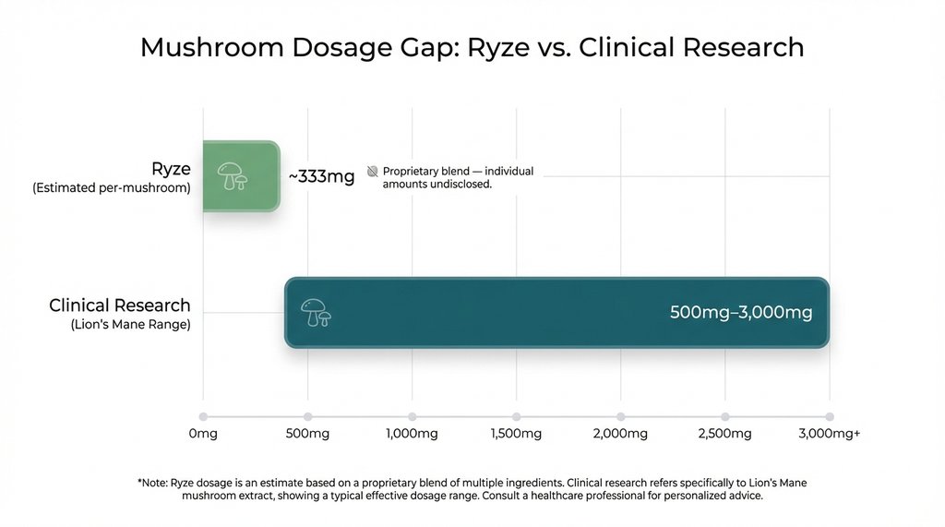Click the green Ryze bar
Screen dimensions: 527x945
(241, 176)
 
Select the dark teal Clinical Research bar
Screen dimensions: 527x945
(556, 313)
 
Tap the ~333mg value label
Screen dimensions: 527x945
(321, 176)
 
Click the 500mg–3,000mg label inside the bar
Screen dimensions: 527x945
(741, 313)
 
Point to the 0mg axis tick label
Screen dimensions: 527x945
(203, 434)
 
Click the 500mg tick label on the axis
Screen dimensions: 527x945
(307, 434)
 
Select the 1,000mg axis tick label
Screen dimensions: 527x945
(412, 434)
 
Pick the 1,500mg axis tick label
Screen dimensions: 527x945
(516, 434)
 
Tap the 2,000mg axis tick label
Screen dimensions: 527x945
(620, 434)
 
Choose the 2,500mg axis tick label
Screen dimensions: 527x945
(724, 434)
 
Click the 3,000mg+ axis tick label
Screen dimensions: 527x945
(830, 434)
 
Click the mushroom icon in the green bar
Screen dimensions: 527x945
(231, 175)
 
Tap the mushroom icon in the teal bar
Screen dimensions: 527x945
(316, 313)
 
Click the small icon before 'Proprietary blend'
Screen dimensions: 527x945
(373, 172)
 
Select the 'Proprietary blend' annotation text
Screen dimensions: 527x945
(458, 178)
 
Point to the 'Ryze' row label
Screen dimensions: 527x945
(171, 169)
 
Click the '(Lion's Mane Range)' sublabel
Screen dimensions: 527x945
(130, 325)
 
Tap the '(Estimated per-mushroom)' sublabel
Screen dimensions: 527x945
(112, 188)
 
